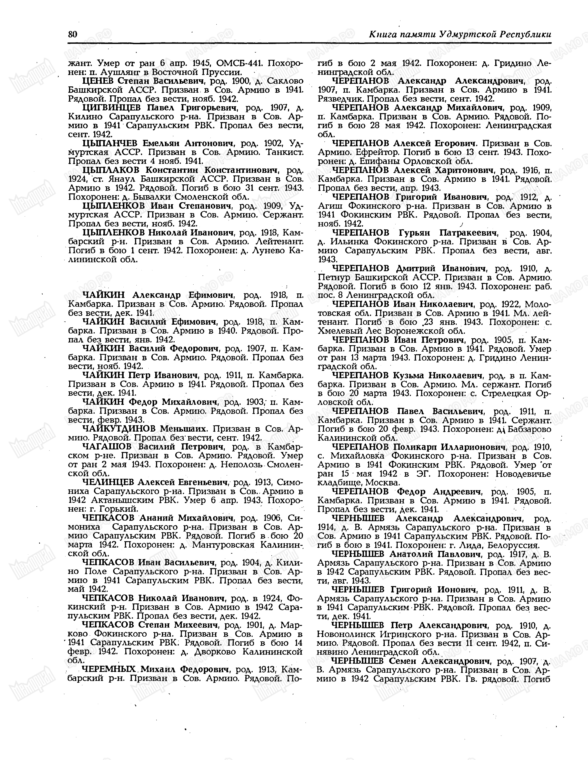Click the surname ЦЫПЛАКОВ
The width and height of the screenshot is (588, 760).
pyautogui.click(x=111, y=170)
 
